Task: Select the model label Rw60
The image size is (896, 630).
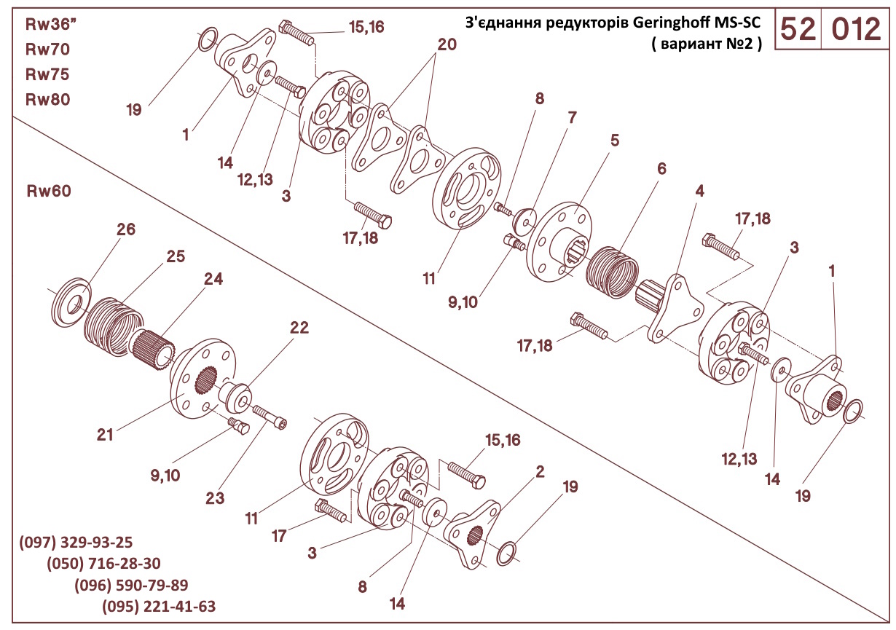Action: (x=49, y=192)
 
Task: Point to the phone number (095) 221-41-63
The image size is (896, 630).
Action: (x=159, y=607)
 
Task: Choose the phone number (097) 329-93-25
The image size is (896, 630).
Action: (x=76, y=542)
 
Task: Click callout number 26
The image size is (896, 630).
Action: (x=126, y=230)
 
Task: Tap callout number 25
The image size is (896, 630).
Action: (x=175, y=256)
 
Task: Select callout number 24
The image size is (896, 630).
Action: (x=213, y=279)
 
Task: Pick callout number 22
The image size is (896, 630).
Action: (x=299, y=328)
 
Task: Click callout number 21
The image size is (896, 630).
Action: (x=106, y=435)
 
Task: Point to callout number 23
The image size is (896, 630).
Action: (x=214, y=499)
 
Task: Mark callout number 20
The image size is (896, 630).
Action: (x=447, y=44)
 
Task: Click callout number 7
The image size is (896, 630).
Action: (x=572, y=117)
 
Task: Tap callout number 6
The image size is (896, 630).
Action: (x=661, y=168)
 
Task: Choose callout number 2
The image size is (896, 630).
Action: (x=540, y=471)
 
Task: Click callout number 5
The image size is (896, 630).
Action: (x=615, y=141)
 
